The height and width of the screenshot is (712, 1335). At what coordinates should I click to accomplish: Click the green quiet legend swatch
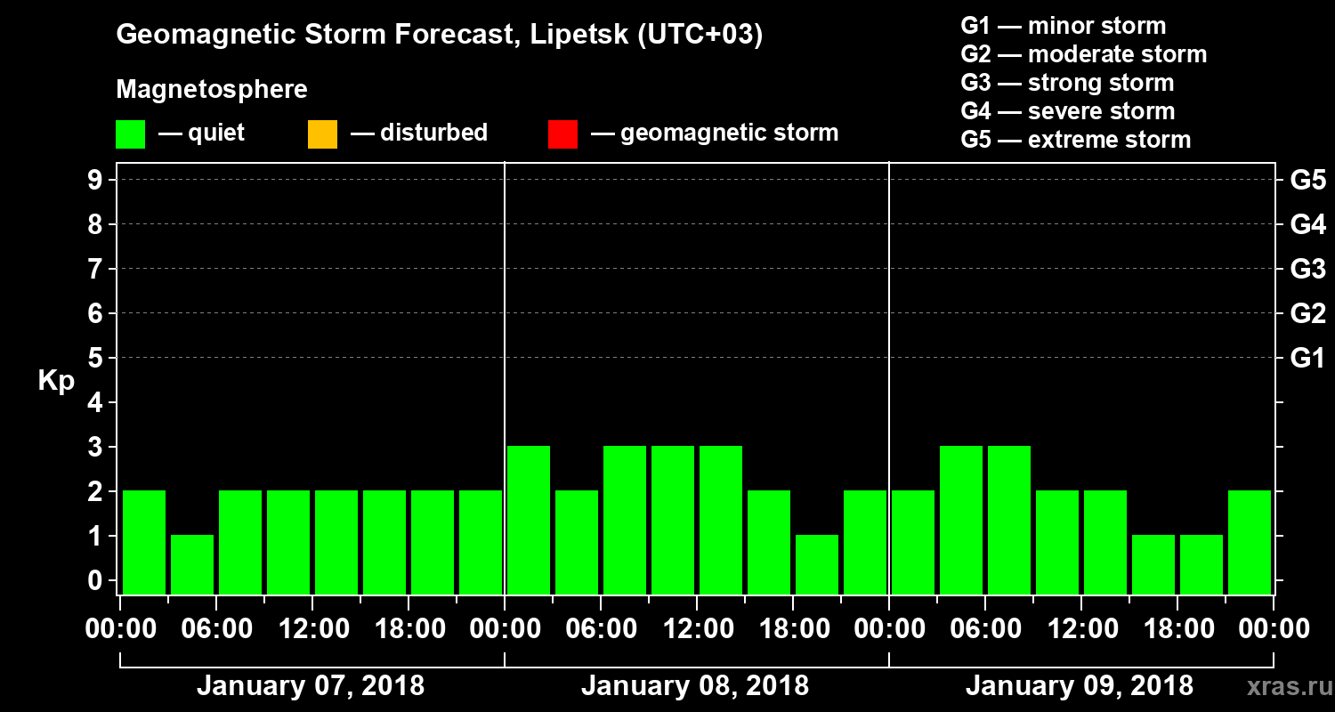tap(130, 133)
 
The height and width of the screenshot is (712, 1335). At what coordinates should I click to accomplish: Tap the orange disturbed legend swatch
tap(322, 133)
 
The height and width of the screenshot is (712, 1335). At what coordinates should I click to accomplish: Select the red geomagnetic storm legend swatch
tap(562, 133)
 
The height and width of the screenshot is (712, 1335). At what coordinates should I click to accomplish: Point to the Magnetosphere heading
tap(212, 90)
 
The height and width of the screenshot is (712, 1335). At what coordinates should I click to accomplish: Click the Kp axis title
tap(56, 380)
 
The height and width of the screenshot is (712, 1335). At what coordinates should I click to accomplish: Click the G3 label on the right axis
tap(1307, 269)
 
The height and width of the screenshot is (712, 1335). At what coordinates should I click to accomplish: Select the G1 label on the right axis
tap(1307, 359)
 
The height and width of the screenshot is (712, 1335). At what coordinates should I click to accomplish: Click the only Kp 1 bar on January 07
tap(192, 564)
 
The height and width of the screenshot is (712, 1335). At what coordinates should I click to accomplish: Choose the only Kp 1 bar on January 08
tap(817, 564)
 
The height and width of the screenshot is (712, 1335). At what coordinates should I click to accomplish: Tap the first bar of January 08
tap(529, 520)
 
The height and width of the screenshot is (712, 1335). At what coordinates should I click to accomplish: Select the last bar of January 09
tap(1250, 542)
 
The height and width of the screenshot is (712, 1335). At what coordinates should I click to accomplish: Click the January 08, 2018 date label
tap(695, 686)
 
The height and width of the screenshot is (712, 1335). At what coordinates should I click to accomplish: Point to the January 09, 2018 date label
tap(1080, 686)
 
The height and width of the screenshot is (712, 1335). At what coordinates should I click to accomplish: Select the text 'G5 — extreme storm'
tap(1075, 140)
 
